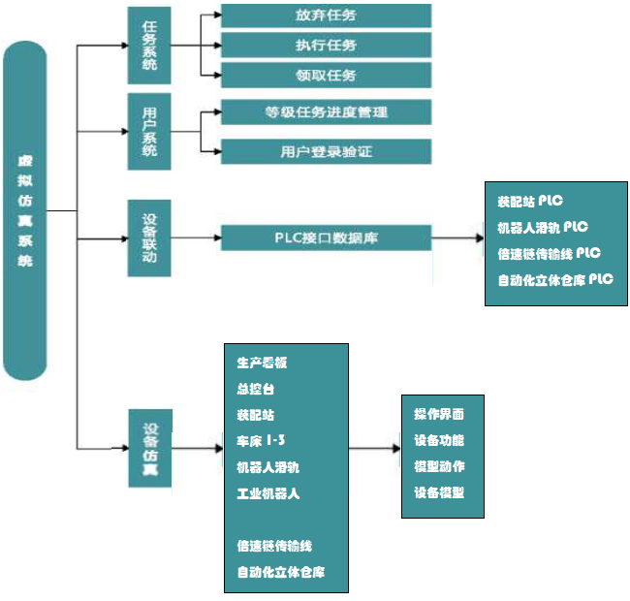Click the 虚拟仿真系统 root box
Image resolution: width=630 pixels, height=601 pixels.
(x=24, y=210)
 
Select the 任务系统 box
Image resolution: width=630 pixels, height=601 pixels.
(x=149, y=45)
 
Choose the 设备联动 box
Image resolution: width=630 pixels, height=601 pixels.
(x=149, y=237)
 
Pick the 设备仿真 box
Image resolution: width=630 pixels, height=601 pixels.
(x=150, y=448)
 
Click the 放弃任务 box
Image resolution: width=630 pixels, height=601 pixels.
(x=326, y=16)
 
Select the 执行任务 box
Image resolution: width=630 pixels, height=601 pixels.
(x=326, y=45)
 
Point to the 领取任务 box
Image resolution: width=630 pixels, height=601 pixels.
(x=326, y=75)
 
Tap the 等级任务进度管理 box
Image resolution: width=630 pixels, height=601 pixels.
(x=326, y=111)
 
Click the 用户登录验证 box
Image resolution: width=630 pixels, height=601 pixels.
(x=326, y=151)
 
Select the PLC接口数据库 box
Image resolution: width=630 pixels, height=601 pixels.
(x=326, y=237)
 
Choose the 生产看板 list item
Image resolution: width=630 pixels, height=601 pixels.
(x=262, y=363)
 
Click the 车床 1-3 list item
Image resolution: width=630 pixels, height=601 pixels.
(x=261, y=441)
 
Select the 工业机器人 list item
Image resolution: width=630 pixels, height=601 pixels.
(x=268, y=493)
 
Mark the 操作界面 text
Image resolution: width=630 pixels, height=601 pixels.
(x=439, y=414)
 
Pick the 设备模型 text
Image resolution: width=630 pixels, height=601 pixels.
(x=439, y=492)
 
